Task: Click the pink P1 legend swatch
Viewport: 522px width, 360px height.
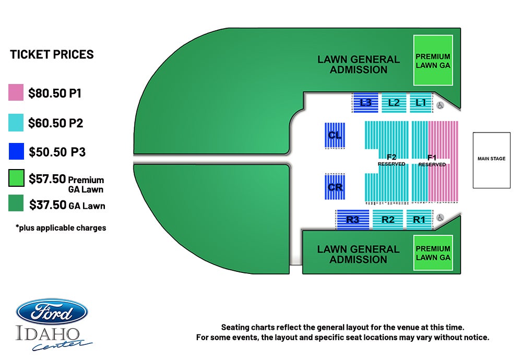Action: [16, 92]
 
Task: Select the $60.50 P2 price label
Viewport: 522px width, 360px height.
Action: [56, 123]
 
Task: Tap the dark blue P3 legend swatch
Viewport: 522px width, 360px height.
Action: [16, 151]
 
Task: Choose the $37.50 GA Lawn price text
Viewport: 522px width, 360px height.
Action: [67, 205]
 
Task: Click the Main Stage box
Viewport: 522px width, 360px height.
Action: [491, 160]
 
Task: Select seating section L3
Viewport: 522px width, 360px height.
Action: [365, 103]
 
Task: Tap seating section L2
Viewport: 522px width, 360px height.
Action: [394, 103]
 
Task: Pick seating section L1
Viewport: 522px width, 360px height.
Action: [421, 103]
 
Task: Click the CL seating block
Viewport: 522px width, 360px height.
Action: [335, 135]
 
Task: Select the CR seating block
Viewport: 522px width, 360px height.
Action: [335, 187]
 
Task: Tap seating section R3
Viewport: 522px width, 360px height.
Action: [353, 220]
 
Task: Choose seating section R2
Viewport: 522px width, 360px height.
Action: [387, 220]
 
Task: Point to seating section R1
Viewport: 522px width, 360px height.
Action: [420, 220]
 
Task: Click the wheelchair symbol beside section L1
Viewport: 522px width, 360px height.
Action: [440, 105]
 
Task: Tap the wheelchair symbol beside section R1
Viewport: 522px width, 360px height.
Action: [440, 218]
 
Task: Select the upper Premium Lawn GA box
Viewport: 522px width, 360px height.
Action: [433, 60]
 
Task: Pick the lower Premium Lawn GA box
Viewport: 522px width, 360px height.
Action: [433, 253]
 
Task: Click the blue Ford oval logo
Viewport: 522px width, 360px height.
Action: [52, 312]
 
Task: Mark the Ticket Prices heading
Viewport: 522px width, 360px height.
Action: [52, 54]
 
